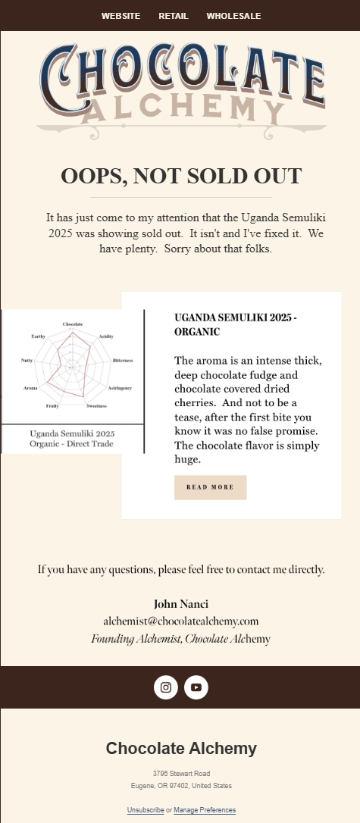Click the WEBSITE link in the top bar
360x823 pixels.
[x=121, y=16]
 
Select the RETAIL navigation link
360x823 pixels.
[x=174, y=16]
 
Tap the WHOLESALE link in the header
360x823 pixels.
[x=233, y=16]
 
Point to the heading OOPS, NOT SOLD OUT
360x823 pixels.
[x=181, y=176]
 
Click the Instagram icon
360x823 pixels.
[x=166, y=687]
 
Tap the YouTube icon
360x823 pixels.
[x=196, y=687]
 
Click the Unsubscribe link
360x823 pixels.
[x=146, y=810]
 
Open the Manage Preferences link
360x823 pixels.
[x=205, y=810]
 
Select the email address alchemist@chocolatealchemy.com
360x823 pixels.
[x=181, y=621]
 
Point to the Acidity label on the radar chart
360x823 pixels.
[x=106, y=336]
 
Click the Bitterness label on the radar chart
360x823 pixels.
[x=122, y=361]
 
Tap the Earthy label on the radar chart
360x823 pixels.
[x=39, y=336]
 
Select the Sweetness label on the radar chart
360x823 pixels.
[x=96, y=406]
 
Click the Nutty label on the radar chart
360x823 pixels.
[x=27, y=361]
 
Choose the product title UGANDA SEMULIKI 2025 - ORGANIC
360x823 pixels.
[x=235, y=324]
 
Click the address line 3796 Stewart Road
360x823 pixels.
[x=181, y=774]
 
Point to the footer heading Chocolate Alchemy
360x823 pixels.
[x=181, y=749]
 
